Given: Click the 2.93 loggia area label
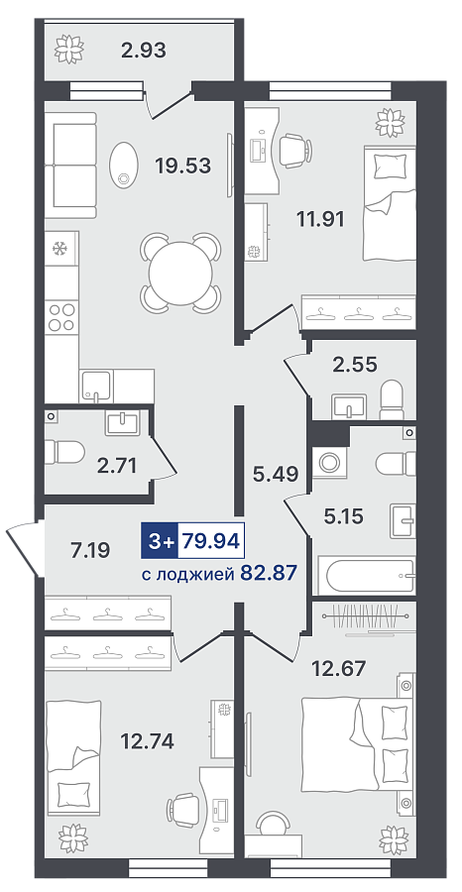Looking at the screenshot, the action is click(144, 51).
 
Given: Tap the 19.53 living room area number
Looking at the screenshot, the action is click(183, 166).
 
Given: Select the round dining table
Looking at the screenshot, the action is click(180, 273).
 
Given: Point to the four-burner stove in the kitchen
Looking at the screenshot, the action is click(62, 317).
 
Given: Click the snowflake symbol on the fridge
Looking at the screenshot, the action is click(58, 248).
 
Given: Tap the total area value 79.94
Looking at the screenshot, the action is click(211, 540).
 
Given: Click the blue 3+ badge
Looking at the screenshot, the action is click(160, 540).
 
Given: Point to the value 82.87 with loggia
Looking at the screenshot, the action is click(269, 572).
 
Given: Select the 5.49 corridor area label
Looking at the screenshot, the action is click(276, 475).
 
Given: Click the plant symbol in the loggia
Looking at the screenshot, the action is click(68, 49).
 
